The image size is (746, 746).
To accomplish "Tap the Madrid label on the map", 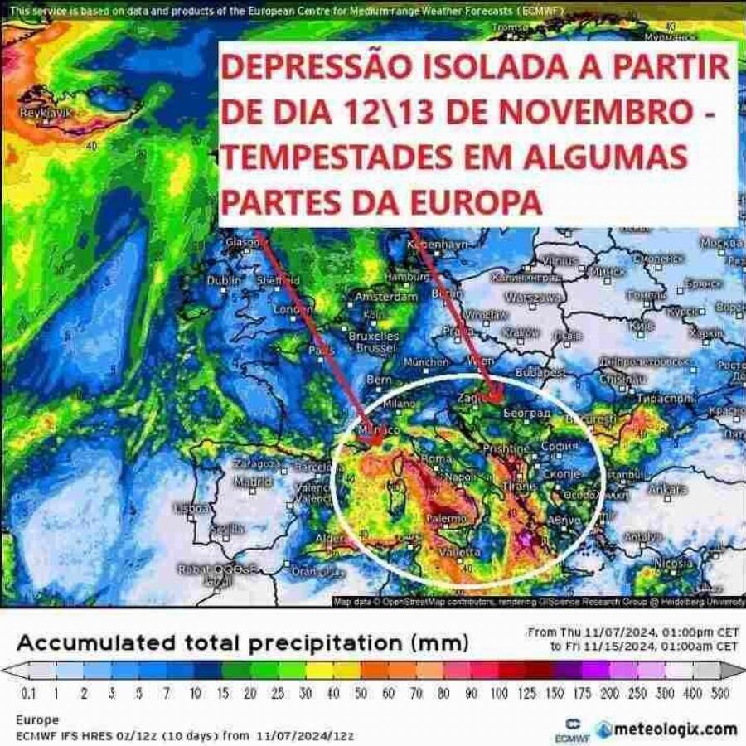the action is [x=253, y=482].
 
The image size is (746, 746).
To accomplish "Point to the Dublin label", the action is [x=224, y=281].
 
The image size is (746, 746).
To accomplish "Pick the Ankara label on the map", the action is [x=667, y=489].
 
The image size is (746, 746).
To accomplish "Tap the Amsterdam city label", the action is [x=386, y=296].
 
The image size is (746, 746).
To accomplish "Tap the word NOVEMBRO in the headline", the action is [x=569, y=114].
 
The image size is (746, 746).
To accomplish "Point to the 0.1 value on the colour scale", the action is [x=28, y=693].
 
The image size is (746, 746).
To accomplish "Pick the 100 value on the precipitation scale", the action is [x=498, y=693].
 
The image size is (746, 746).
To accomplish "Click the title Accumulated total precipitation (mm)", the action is [x=243, y=642].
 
